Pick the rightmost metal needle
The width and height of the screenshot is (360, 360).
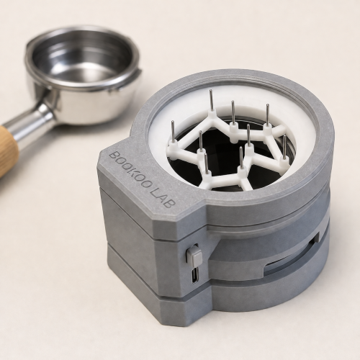[284, 147]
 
